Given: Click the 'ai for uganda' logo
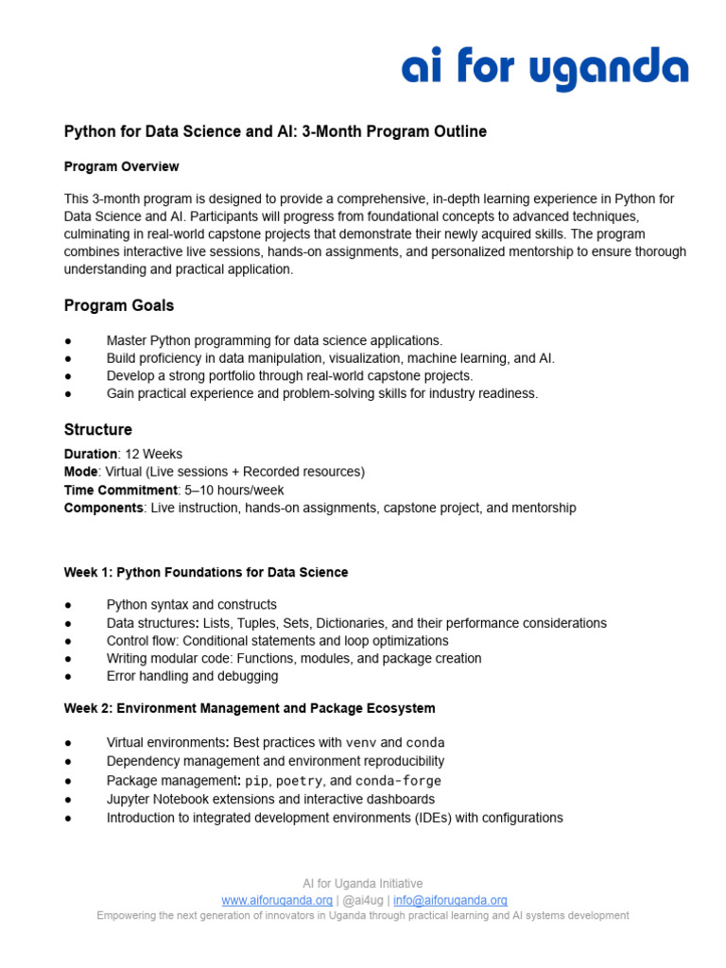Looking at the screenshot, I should pos(544,70).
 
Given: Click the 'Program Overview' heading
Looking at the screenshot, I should pos(121,166).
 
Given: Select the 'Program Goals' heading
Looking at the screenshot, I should pos(119,305).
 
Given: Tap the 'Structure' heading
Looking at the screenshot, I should pos(98,430).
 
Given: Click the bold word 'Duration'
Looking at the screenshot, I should pos(91,454).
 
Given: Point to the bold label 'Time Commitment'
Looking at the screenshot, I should pos(120,490).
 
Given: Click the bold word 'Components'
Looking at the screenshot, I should pos(103,508).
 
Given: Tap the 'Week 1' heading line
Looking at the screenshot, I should pos(206,572).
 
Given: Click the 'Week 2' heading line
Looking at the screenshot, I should pos(250,708).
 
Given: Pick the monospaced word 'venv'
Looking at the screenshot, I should pos(361,743).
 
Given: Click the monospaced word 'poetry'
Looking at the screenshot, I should pos(299,781).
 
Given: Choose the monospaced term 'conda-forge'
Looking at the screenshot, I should pos(398,781).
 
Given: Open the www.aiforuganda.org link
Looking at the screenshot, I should pos(276,900).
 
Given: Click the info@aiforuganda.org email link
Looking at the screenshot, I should pos(451,900).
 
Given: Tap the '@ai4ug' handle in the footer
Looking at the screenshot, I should pos(363,900).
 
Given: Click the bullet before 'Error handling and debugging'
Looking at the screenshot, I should pos(68,677).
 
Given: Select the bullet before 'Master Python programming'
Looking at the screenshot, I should pos(68,340).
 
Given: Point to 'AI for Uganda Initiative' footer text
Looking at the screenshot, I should pos(363,884).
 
